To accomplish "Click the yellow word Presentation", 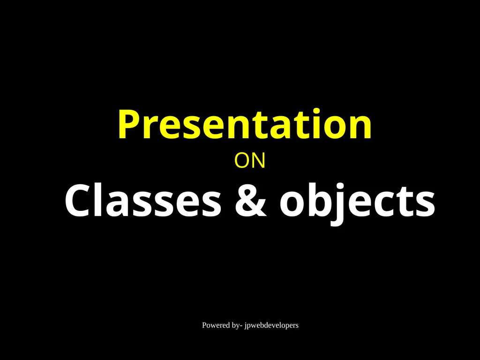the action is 245,124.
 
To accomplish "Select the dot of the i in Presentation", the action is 316,112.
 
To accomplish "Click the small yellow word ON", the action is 249,161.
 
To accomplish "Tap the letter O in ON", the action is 241,161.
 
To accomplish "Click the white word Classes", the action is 142,200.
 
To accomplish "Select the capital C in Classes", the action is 77,201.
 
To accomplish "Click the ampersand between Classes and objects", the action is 250,201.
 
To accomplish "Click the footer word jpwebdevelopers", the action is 271,326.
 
